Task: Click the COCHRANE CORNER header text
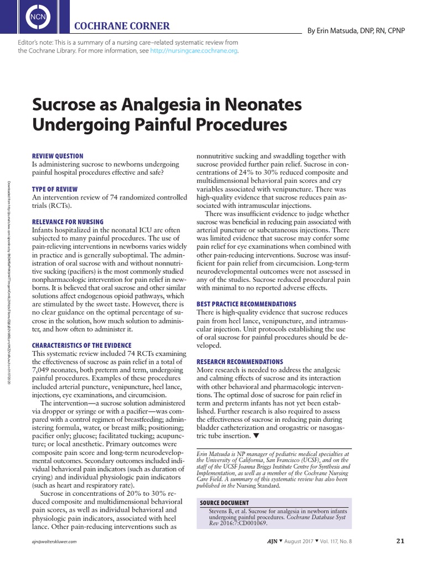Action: tap(122, 26)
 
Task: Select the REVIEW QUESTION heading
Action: tap(58, 156)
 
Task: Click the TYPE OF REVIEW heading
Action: tap(55, 190)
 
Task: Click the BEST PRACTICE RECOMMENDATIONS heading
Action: tap(246, 304)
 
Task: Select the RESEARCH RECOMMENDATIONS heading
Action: tap(240, 361)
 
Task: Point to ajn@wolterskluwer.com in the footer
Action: tap(54, 542)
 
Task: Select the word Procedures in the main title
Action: tap(237, 124)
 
